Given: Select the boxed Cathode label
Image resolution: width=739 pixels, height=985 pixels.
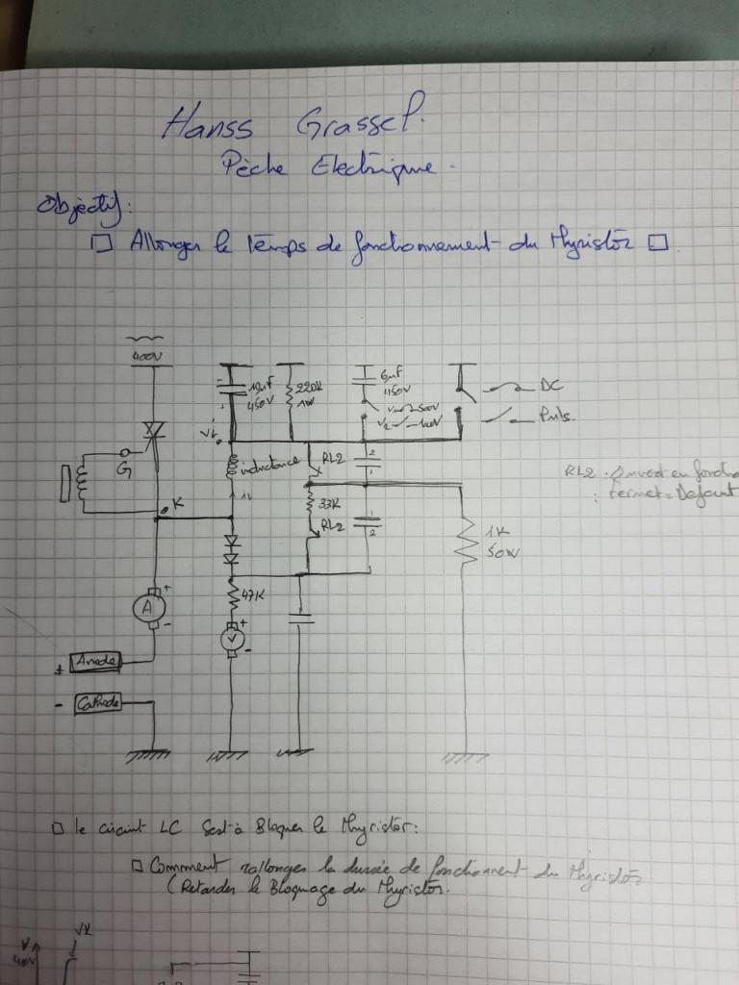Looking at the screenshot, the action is click(x=100, y=703).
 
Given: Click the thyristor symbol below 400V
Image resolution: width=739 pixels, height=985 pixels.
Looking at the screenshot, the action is click(x=151, y=426).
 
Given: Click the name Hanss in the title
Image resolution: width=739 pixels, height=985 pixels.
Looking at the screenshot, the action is click(x=208, y=123).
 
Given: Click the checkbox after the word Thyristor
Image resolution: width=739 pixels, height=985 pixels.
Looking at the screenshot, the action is click(x=658, y=244).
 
